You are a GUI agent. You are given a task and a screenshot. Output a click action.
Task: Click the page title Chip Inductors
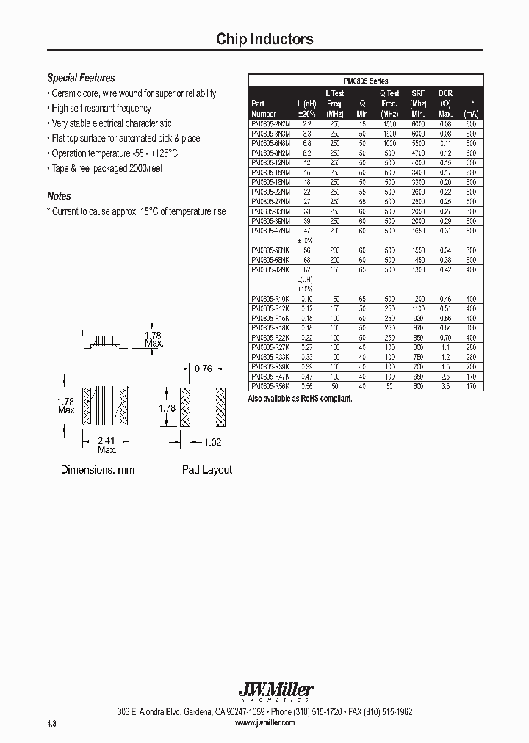(264, 40)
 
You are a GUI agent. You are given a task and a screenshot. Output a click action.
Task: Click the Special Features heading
(81, 78)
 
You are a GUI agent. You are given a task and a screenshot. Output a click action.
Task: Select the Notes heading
(59, 196)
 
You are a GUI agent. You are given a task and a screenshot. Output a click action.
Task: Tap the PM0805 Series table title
(366, 81)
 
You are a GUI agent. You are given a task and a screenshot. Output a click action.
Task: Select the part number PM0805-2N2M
(270, 125)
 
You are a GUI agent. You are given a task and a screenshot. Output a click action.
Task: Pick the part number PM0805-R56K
(270, 385)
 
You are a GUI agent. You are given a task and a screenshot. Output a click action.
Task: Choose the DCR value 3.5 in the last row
(445, 385)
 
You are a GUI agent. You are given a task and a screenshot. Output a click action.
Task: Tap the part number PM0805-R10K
(270, 299)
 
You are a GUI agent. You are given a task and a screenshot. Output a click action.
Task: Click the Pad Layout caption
(206, 470)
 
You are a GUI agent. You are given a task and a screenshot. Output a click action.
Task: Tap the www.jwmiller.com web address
(264, 722)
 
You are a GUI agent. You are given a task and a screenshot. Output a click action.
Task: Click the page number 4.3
(51, 723)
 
